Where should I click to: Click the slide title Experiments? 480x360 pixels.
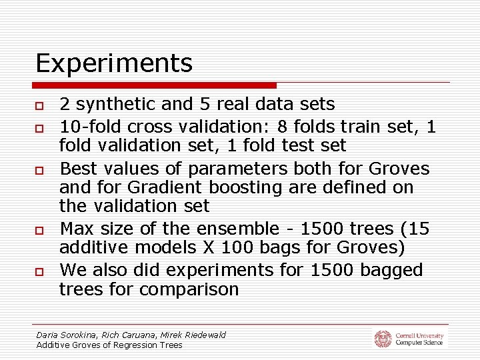point(114,64)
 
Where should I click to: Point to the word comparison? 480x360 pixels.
point(187,289)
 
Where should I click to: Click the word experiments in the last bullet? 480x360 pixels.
point(199,270)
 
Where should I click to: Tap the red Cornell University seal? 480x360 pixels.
point(383,339)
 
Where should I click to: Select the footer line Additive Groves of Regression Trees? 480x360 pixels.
point(109,345)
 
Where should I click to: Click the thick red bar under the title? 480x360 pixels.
point(155,85)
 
